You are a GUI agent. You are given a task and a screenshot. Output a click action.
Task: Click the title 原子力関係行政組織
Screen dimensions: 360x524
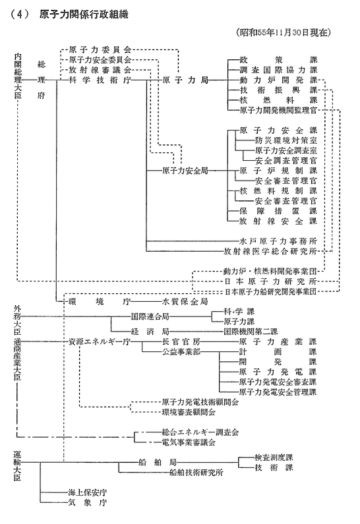tap(84, 15)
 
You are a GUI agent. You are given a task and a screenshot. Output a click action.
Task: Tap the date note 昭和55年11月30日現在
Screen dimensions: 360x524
tap(284, 32)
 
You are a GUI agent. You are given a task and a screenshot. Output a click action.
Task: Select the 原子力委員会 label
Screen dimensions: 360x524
tap(100, 50)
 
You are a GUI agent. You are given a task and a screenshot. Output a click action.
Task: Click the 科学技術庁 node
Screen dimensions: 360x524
tap(100, 80)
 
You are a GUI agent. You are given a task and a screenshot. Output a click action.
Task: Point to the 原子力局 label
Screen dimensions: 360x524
tap(185, 80)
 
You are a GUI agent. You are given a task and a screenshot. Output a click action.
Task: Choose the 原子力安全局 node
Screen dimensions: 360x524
tap(185, 171)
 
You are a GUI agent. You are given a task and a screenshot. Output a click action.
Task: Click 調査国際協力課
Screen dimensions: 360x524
tap(278, 70)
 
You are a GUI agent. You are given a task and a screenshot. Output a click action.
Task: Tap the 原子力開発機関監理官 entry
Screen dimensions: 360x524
tap(278, 110)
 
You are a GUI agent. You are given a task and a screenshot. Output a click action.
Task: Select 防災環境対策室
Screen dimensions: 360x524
tap(286, 140)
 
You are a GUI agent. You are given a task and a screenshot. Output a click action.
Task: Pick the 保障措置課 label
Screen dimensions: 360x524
tap(278, 211)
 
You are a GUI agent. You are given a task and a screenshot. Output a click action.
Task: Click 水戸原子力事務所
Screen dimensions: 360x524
tap(278, 241)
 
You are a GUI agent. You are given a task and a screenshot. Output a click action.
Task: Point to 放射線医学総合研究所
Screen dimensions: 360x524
tap(270, 251)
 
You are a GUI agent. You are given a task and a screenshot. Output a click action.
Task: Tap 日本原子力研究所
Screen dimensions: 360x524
tap(270, 281)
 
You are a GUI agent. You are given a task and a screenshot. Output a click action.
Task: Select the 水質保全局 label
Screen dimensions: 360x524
tap(185, 302)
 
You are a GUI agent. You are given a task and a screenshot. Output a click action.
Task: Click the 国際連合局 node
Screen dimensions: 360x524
tap(150, 316)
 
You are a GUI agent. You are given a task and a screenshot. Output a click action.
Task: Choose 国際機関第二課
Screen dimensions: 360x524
tap(251, 332)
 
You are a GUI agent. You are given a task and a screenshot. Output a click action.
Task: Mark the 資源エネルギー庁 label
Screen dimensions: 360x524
tap(100, 342)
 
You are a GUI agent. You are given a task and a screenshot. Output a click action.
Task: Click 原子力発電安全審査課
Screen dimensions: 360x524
tap(278, 382)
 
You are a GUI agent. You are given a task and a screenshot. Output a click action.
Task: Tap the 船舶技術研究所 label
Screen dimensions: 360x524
tap(196, 473)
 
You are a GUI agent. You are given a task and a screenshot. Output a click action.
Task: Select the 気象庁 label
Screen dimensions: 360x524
tap(88, 503)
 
